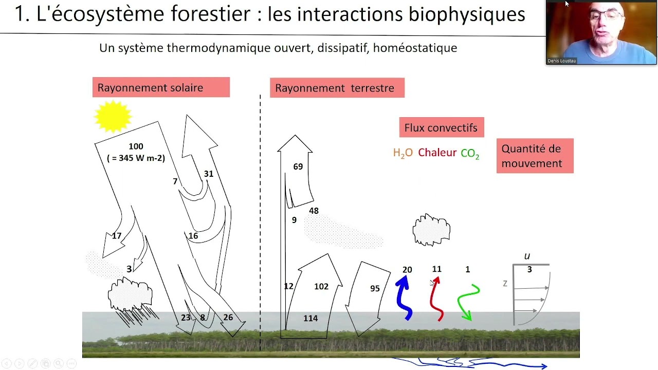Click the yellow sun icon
(113, 116)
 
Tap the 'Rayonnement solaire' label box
(161, 87)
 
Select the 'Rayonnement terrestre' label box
(337, 87)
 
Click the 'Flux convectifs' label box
(441, 127)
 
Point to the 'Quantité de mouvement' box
(535, 156)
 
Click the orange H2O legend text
(403, 153)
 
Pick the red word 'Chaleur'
(437, 153)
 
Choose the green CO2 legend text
(470, 153)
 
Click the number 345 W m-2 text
(136, 158)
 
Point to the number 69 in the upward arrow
(298, 167)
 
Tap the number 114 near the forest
(310, 318)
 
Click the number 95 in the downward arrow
(375, 288)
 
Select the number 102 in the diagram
(321, 286)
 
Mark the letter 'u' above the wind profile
(527, 256)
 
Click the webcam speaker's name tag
(562, 61)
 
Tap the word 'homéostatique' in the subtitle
(415, 48)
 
